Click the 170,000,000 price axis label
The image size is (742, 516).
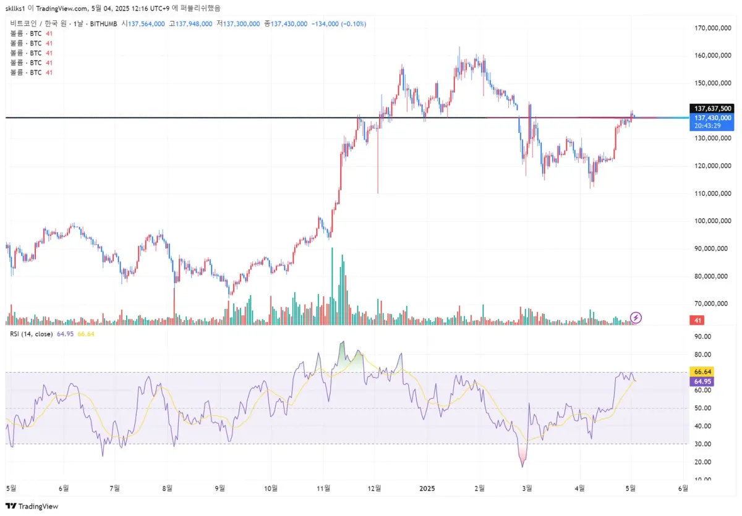(x=713, y=28)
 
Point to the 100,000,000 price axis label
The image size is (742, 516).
(x=713, y=221)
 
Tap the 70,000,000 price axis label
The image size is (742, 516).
(x=713, y=303)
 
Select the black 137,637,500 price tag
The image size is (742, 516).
(x=714, y=108)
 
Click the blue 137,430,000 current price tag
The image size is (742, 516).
(x=714, y=117)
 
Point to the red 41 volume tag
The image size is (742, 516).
(x=697, y=321)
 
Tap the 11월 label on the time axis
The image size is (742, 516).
(x=322, y=488)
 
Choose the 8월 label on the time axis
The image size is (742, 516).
(x=167, y=488)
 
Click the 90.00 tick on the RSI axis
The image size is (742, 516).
(x=702, y=337)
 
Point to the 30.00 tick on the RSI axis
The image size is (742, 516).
(x=702, y=444)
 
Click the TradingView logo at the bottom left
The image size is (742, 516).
(x=32, y=506)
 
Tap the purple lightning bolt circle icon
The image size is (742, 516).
(x=636, y=318)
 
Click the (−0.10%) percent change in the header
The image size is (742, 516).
(x=351, y=23)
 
